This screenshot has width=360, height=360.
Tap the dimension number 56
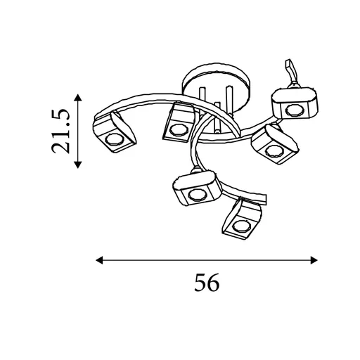click(205, 283)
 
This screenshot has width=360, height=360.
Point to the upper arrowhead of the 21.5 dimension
click(77, 98)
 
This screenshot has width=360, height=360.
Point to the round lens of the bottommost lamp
click(242, 226)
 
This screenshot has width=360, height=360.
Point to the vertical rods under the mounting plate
click(215, 105)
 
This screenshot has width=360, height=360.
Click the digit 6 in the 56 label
click(213, 283)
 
